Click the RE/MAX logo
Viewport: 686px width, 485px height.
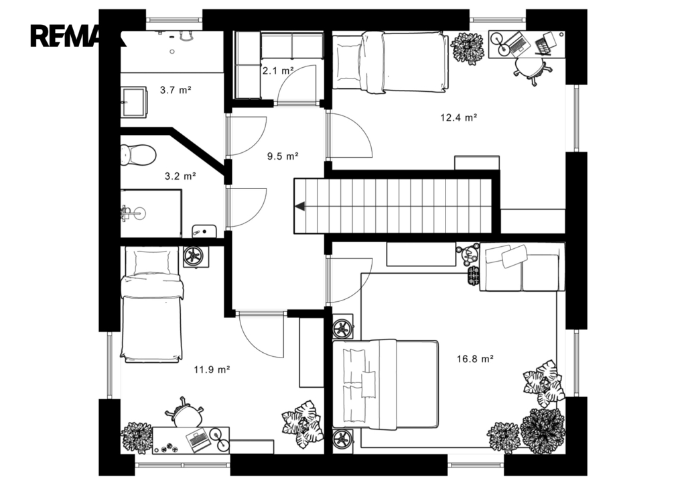click(78, 36)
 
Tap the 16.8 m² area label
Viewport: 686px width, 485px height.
click(475, 359)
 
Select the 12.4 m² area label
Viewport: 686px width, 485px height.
click(458, 117)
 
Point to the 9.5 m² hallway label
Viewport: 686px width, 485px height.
click(283, 156)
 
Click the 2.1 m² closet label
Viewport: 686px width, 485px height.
click(277, 70)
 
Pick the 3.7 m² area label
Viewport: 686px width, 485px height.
click(176, 91)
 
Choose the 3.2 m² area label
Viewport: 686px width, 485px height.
click(180, 176)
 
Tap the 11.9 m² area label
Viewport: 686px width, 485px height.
click(212, 370)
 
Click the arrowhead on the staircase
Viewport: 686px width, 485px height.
click(299, 206)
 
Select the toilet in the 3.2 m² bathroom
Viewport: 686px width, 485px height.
click(138, 155)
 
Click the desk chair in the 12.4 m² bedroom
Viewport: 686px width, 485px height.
click(531, 69)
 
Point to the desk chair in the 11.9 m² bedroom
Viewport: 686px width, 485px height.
click(185, 413)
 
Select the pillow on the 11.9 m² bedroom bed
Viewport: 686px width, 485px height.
click(151, 262)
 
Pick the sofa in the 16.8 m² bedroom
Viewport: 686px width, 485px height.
click(522, 267)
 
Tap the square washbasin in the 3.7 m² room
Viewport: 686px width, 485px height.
click(133, 103)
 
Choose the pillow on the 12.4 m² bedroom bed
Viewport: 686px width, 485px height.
click(348, 62)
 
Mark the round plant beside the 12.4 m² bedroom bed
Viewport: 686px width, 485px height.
click(468, 48)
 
